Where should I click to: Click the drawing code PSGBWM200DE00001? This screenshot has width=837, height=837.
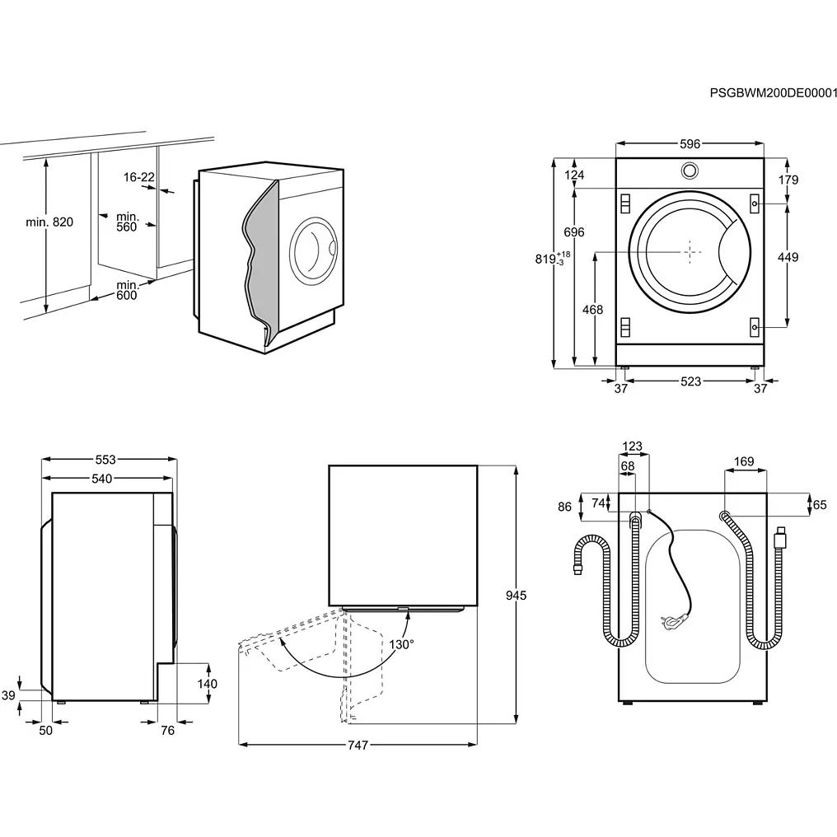[773, 93]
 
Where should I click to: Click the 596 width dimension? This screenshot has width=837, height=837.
[690, 144]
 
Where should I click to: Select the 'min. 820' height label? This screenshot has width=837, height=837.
[49, 222]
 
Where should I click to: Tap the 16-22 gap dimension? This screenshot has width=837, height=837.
[139, 177]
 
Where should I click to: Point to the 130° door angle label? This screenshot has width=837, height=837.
[401, 644]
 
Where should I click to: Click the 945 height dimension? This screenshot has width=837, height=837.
[516, 595]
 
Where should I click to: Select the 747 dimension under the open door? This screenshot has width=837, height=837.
[357, 745]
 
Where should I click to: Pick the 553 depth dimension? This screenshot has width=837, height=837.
[105, 460]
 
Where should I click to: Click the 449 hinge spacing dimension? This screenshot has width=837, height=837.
[788, 258]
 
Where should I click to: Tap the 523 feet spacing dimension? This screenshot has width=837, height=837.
[690, 381]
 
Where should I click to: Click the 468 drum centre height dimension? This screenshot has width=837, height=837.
[592, 310]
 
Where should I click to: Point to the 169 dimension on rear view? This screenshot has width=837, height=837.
[743, 462]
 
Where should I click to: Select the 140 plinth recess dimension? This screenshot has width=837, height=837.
[208, 684]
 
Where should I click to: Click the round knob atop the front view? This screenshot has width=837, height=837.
[690, 170]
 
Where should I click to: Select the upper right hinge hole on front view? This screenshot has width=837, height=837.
[754, 203]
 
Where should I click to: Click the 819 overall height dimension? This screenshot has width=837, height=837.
[545, 259]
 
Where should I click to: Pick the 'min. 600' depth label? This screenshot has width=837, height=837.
[126, 290]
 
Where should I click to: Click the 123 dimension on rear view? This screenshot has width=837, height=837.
[632, 447]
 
